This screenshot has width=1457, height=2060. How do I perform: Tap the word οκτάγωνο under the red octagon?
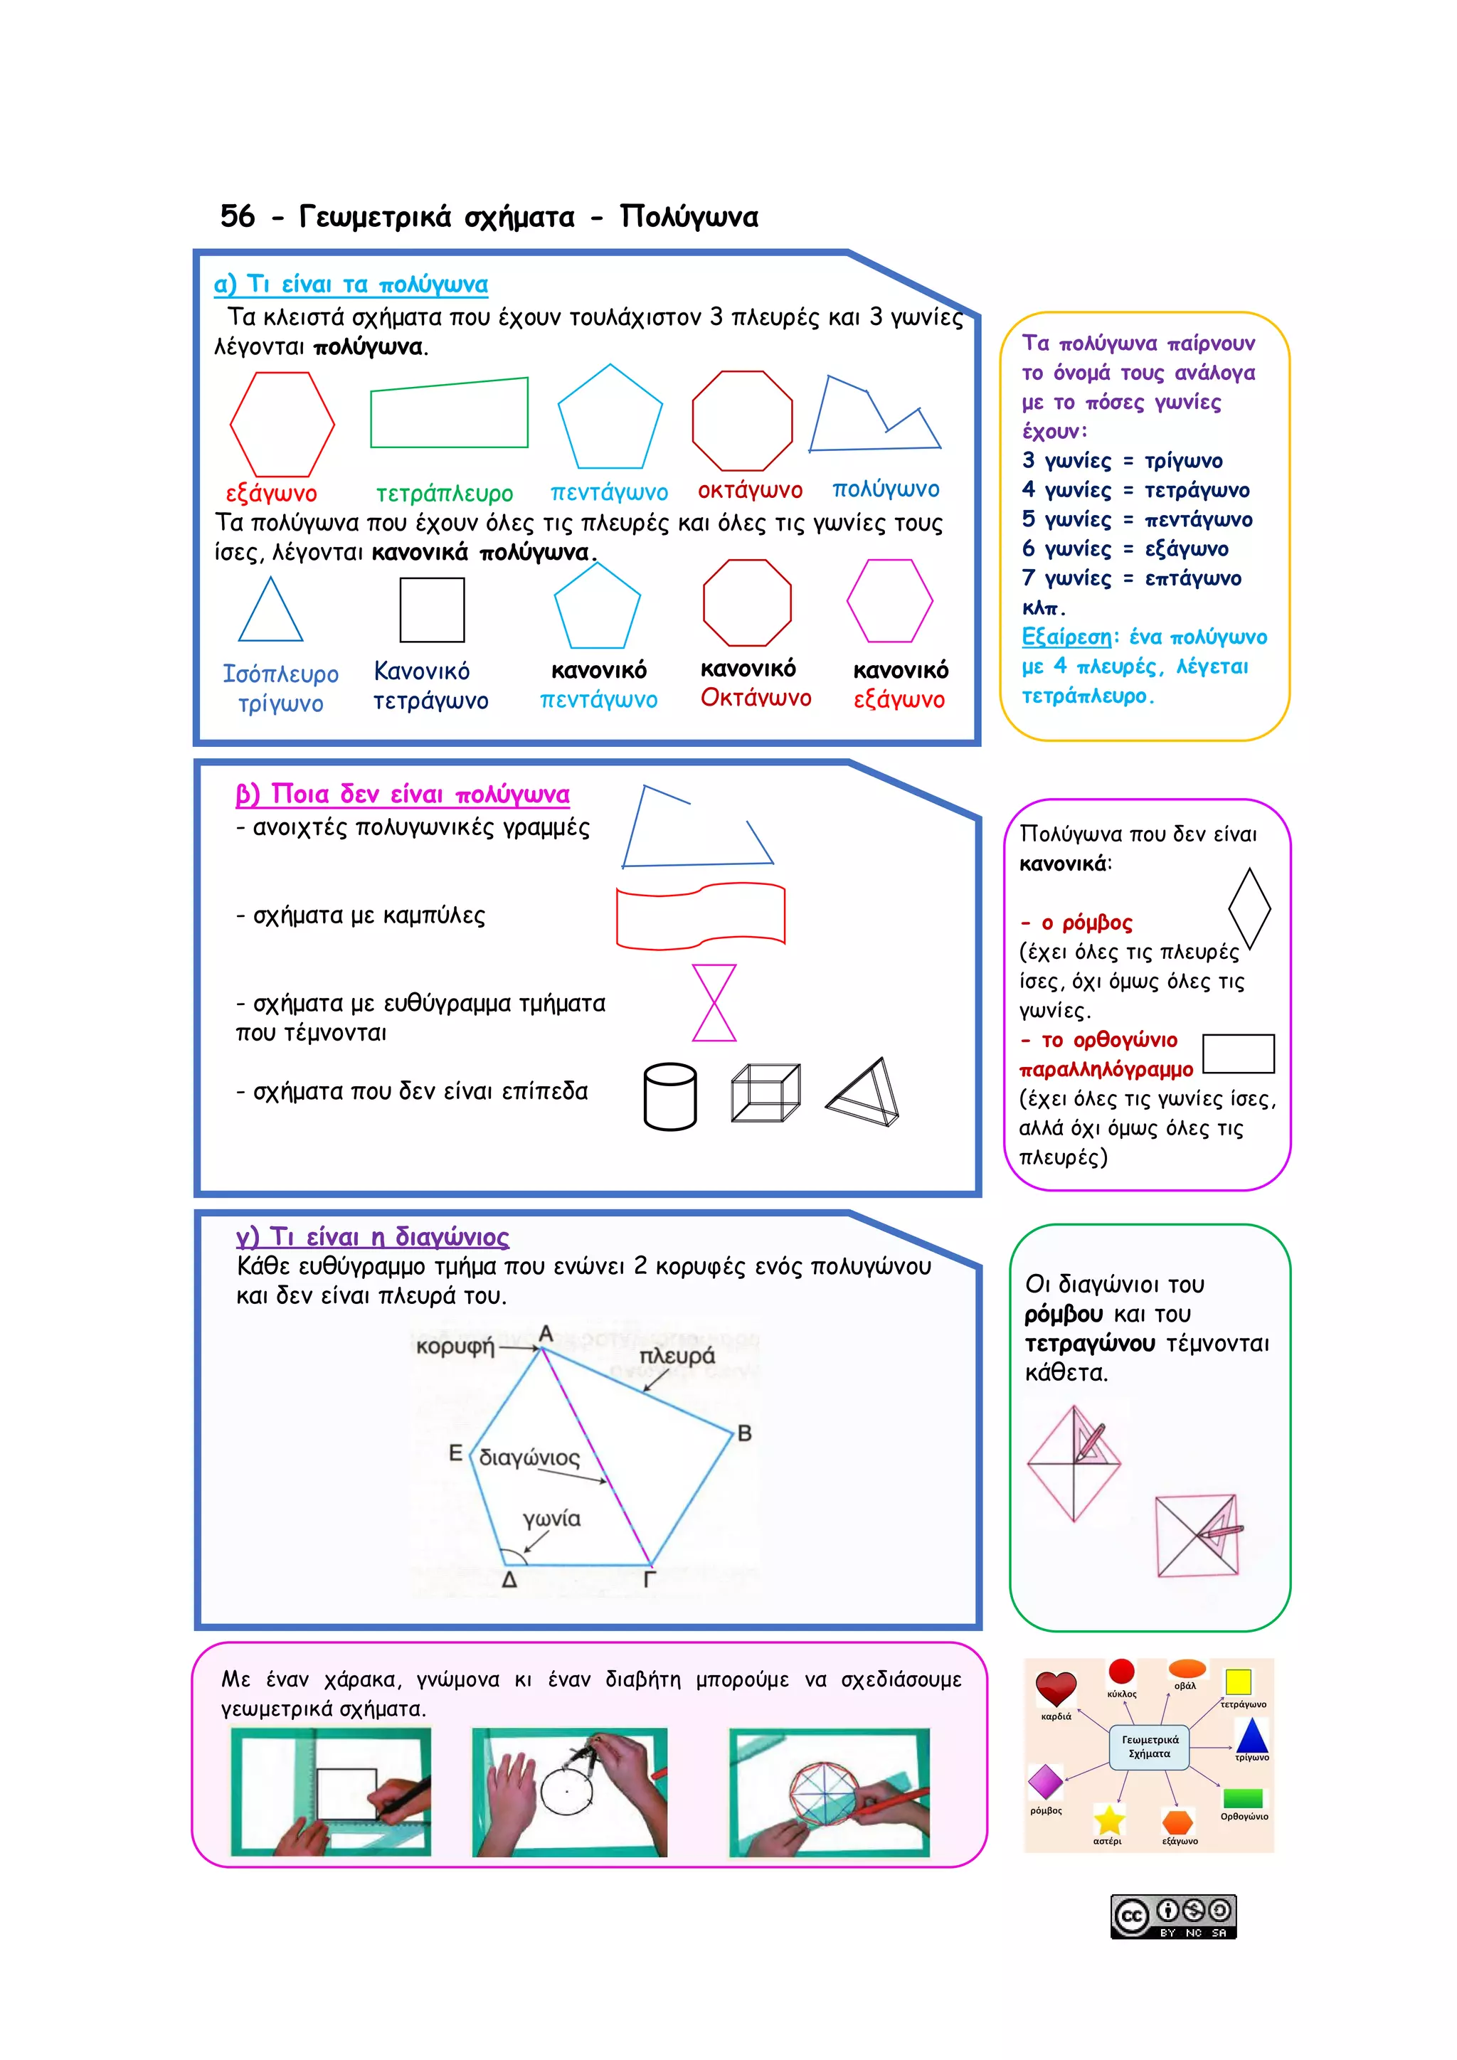pos(750,490)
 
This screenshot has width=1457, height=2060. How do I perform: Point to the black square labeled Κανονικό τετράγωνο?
pos(432,610)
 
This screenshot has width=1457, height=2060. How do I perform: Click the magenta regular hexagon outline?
pos(889,600)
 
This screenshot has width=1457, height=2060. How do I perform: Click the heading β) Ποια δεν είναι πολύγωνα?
pos(402,794)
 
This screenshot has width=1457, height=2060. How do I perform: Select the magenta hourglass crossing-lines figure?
pos(714,1002)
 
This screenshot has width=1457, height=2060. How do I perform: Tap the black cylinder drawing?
pos(670,1095)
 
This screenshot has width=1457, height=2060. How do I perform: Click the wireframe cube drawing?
pos(765,1093)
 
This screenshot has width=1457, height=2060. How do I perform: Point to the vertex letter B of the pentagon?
pos(743,1433)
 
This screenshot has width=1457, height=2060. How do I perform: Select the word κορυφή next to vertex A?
pos(455,1346)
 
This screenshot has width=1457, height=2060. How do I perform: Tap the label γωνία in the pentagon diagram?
pos(552,1518)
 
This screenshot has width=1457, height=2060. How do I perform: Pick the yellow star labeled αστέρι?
pos(1109,1820)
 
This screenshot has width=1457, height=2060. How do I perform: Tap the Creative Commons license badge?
pos(1173,1916)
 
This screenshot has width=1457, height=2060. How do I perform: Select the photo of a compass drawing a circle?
pos(570,1792)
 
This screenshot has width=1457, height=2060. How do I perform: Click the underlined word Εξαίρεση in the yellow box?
pos(1066,637)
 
